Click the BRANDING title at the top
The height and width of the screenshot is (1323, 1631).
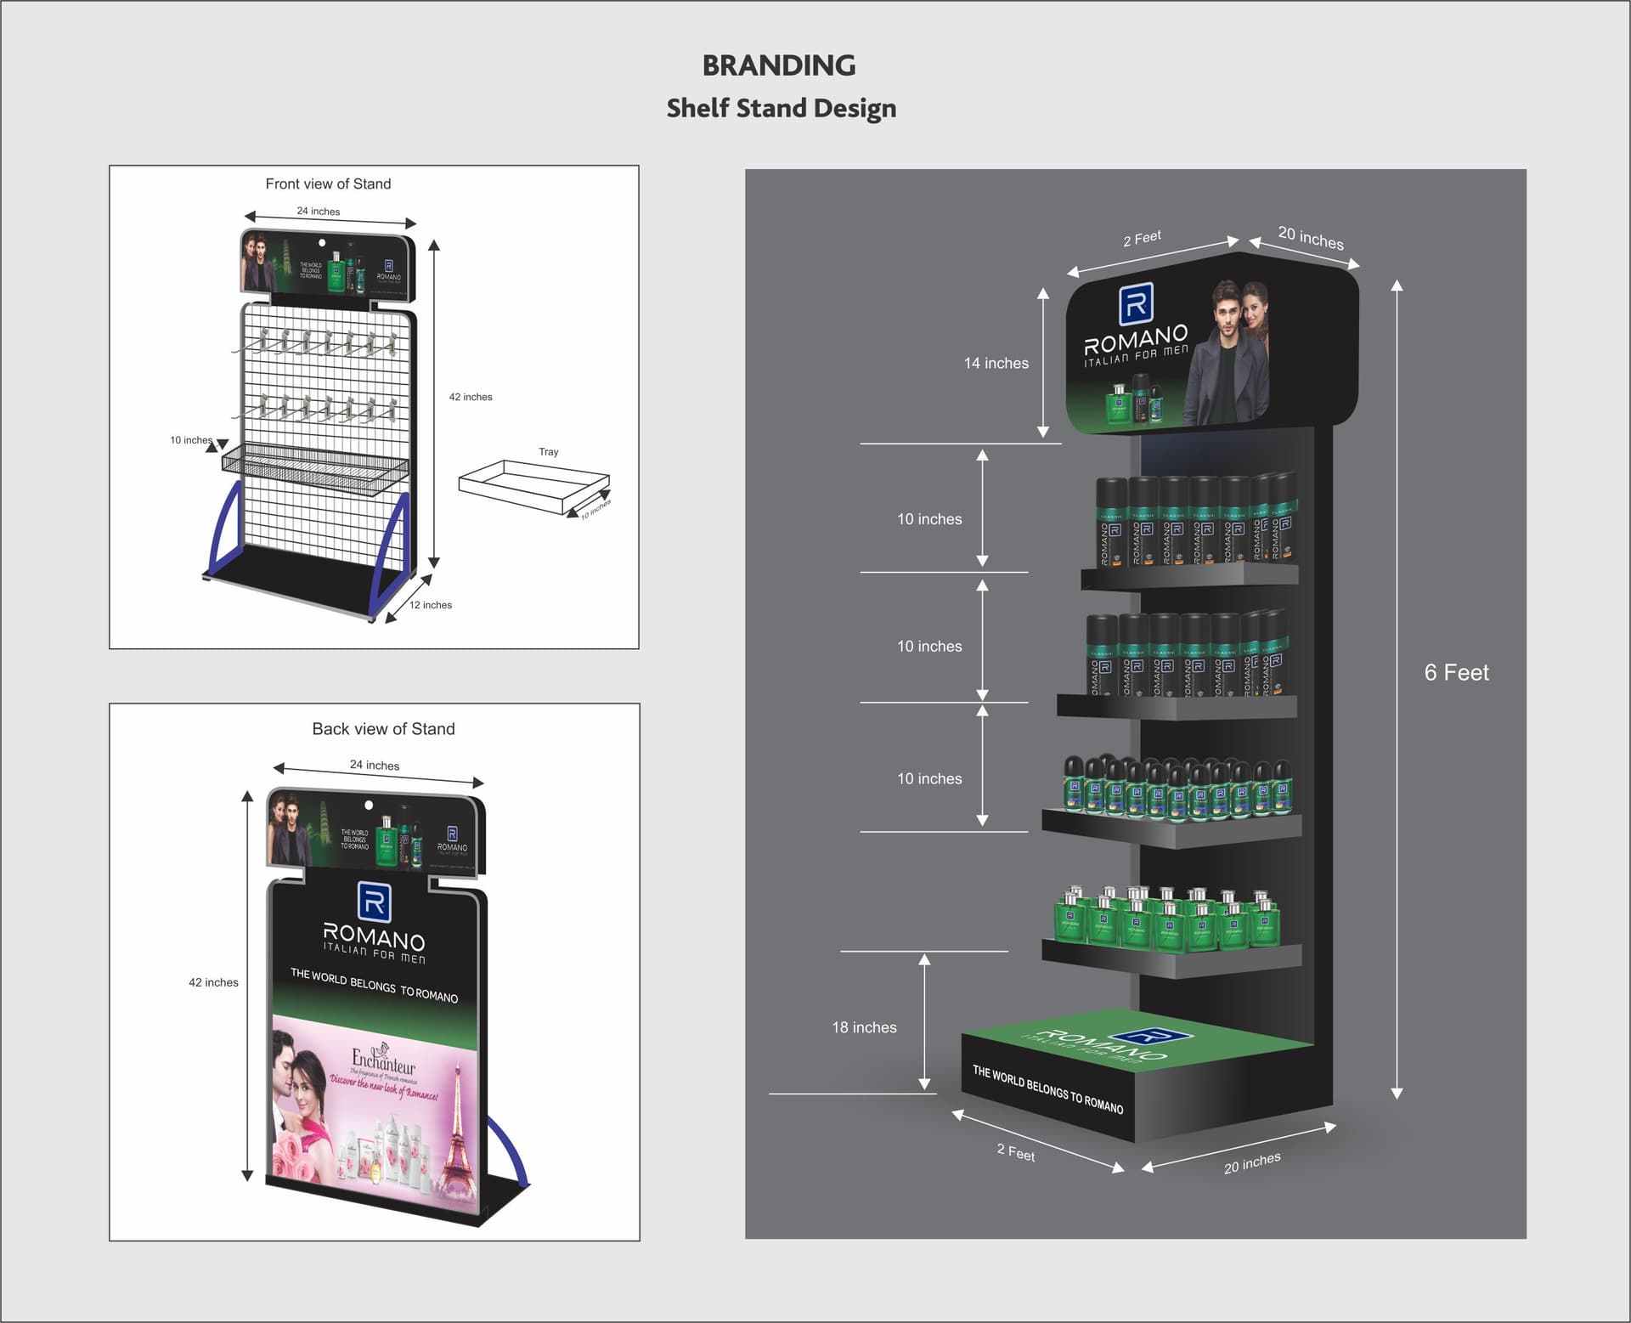tap(779, 65)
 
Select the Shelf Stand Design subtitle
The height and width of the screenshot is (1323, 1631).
tap(781, 108)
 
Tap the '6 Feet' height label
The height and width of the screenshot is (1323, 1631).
tap(1456, 672)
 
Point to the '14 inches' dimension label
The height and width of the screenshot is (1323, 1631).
tap(996, 363)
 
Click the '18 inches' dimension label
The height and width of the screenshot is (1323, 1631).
tap(864, 1027)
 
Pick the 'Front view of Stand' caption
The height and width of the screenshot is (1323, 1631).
tap(328, 184)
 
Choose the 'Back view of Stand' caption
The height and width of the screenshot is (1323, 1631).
tap(383, 729)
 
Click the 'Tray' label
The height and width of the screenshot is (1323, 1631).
tap(549, 452)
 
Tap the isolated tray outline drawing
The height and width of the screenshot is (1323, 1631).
tap(533, 486)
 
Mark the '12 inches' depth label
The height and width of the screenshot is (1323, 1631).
tap(431, 605)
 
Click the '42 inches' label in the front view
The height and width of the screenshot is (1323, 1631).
tap(471, 397)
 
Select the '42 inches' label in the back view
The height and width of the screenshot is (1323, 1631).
tap(213, 982)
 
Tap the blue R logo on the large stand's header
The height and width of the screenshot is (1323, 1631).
tap(1136, 303)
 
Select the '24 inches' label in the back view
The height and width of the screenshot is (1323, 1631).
tap(375, 765)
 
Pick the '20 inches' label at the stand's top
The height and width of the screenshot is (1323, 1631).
tap(1311, 239)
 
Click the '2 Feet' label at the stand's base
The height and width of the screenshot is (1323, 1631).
tap(1016, 1152)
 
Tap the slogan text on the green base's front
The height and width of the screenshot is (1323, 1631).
tap(1047, 1090)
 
